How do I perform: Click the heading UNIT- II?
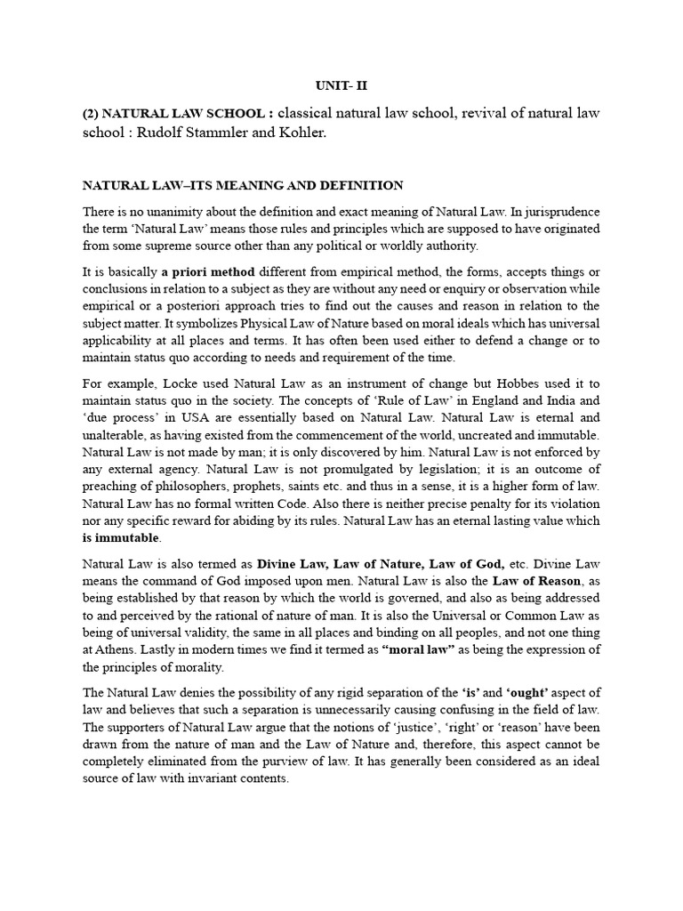pyautogui.click(x=341, y=85)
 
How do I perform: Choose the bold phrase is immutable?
pyautogui.click(x=121, y=538)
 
